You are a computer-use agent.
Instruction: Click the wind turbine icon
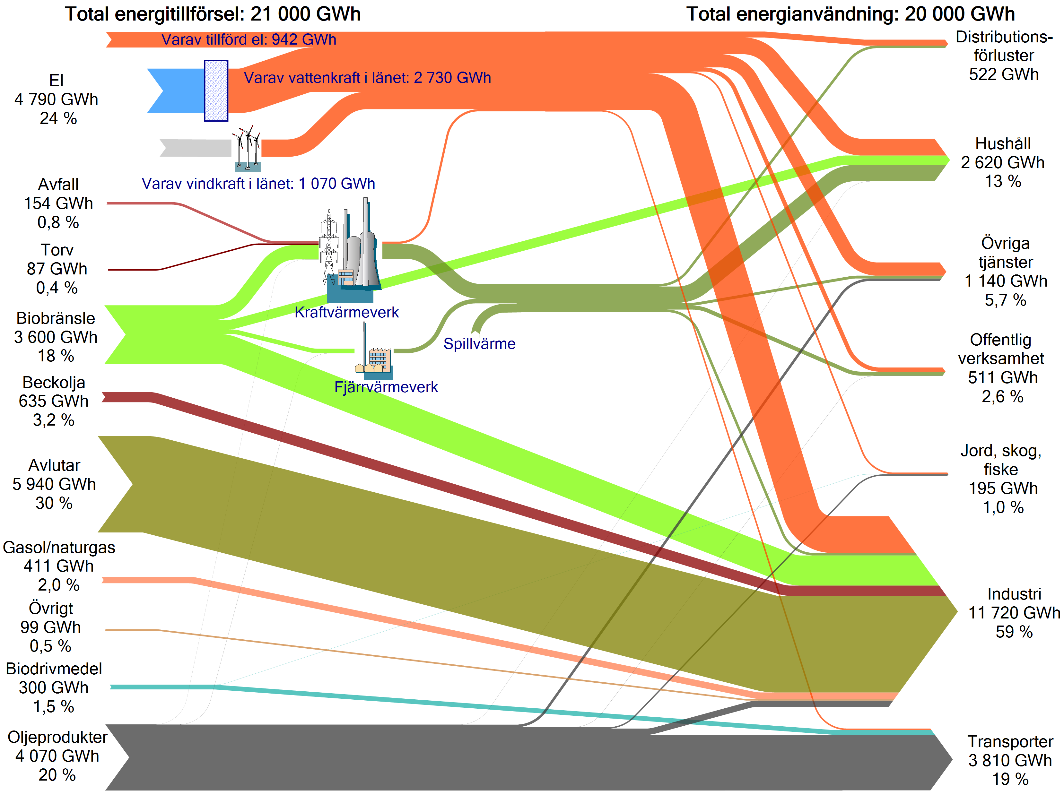[x=247, y=148]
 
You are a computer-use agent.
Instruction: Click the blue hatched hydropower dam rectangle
[x=216, y=91]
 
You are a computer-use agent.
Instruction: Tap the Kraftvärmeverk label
[x=346, y=312]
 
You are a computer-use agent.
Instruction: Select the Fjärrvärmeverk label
[x=386, y=387]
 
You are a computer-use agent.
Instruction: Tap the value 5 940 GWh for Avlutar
[x=54, y=484]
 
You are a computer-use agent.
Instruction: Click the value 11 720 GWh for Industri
[x=1014, y=613]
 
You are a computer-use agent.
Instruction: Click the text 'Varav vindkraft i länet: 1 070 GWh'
[x=258, y=183]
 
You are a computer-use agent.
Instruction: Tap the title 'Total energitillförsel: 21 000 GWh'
[x=213, y=14]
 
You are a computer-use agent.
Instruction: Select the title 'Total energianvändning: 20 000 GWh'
[x=850, y=14]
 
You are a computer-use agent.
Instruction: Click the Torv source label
[x=57, y=250]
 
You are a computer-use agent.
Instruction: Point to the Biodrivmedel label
[x=54, y=669]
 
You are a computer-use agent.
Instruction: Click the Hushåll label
[x=1003, y=144]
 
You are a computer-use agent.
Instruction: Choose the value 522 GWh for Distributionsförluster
[x=1004, y=74]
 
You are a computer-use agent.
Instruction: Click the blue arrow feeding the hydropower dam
[x=176, y=91]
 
